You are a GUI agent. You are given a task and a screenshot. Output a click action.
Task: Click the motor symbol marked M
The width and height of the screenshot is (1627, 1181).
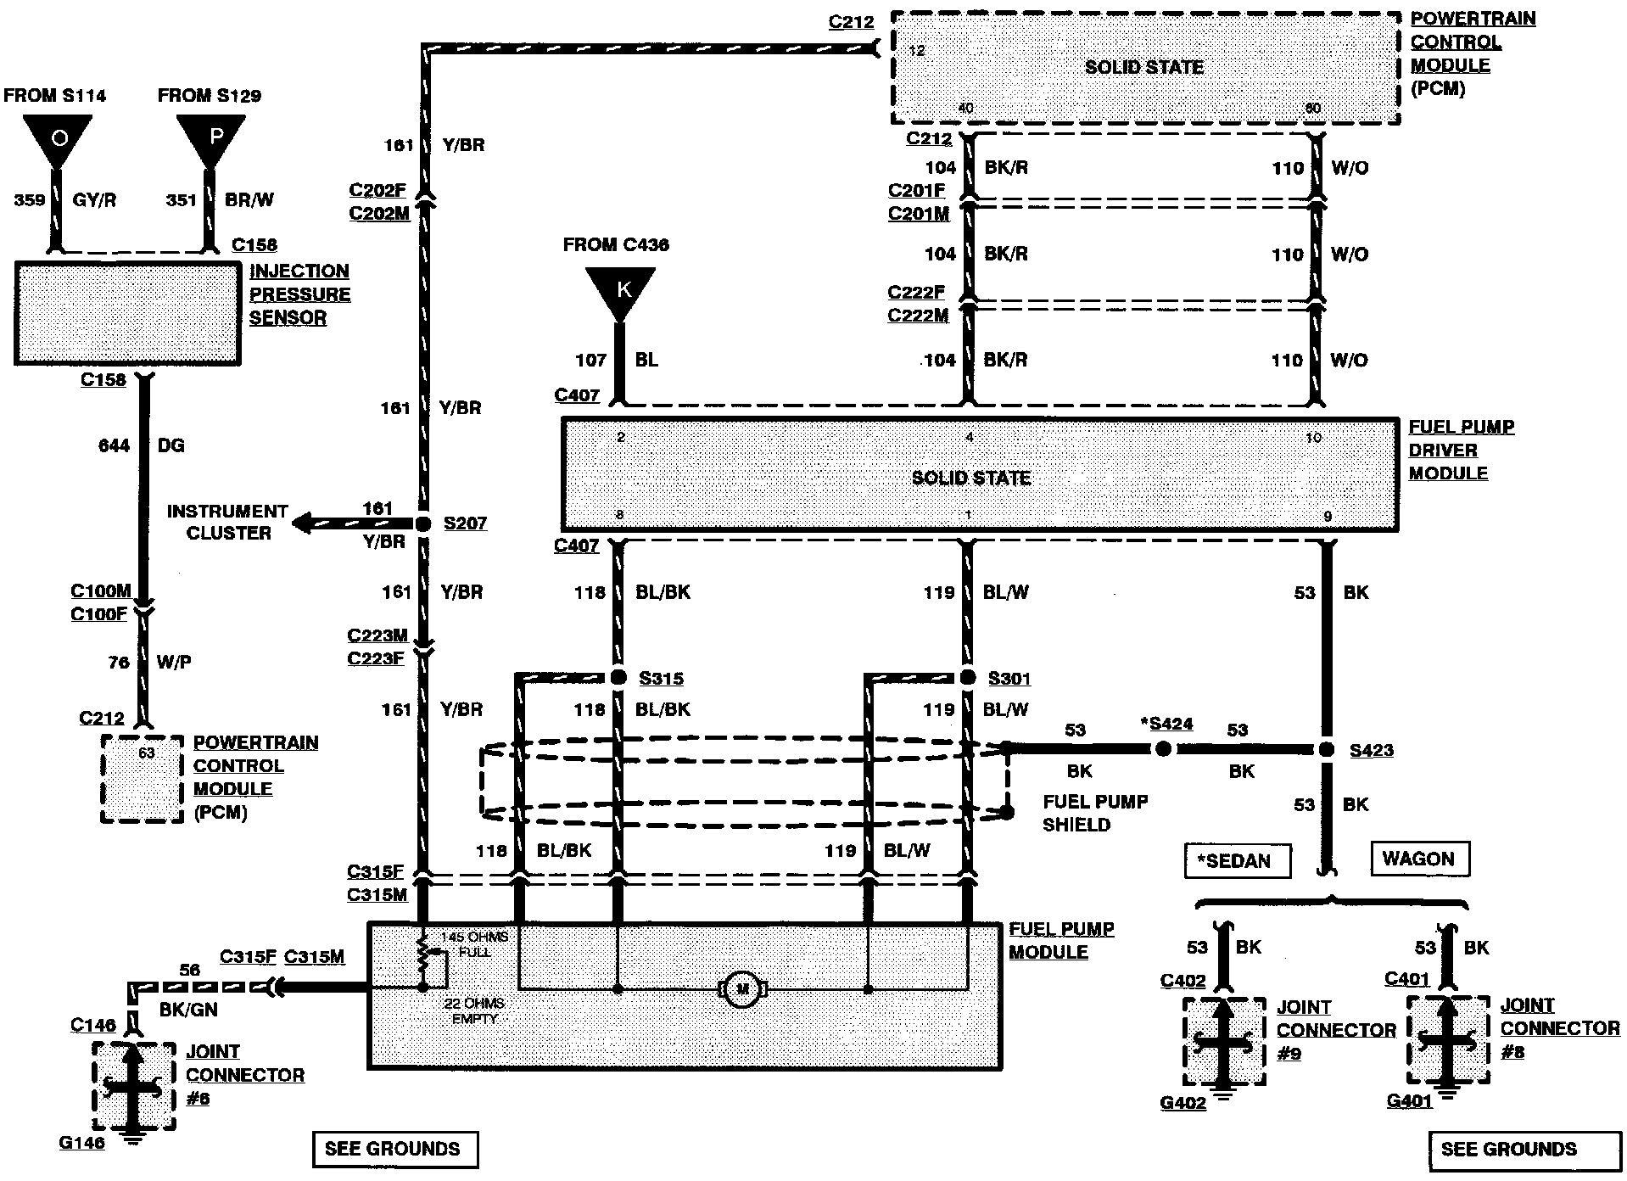click(x=743, y=988)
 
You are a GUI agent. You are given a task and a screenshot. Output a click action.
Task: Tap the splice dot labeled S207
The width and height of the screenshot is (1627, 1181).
click(x=422, y=523)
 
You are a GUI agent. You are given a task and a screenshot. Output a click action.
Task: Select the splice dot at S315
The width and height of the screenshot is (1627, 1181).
click(x=618, y=677)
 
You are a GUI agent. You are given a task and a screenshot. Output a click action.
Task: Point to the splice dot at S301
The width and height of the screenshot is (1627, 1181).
click(x=968, y=677)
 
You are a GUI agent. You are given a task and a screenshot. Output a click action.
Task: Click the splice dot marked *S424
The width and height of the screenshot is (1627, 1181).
click(x=1164, y=748)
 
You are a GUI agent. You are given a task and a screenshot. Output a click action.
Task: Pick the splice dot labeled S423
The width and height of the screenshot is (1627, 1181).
click(x=1326, y=749)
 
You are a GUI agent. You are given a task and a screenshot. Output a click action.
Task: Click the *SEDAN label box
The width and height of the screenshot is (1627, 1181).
click(x=1237, y=861)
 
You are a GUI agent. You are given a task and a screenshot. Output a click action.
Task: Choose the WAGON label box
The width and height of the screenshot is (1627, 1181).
click(x=1418, y=859)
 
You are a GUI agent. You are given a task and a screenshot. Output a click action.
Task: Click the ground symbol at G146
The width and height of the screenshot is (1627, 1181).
click(x=131, y=1136)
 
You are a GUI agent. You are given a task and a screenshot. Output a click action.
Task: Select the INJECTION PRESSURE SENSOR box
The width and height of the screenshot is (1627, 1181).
click(x=127, y=313)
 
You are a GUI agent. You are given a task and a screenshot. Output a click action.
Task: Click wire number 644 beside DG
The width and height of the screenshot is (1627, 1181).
click(x=114, y=446)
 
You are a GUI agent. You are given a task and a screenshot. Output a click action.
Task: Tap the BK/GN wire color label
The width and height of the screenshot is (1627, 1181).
click(x=188, y=1010)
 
